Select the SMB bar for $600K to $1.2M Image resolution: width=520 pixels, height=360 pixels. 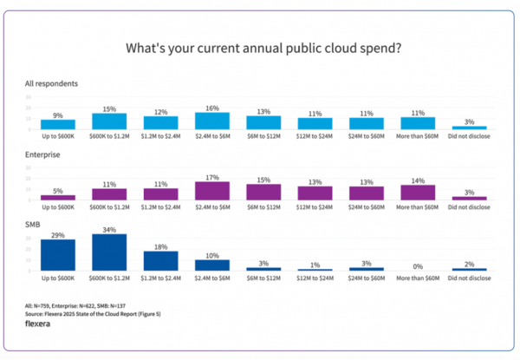tap(109, 252)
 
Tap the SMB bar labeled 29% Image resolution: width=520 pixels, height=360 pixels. tap(57, 255)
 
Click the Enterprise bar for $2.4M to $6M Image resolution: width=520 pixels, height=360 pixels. tap(211, 191)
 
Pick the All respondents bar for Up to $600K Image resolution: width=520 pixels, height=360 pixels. tap(57, 124)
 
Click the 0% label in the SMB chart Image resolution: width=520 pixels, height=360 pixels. tap(417, 266)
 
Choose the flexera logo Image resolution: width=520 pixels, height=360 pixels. tap(43, 323)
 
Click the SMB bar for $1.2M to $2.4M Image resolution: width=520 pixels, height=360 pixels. tap(160, 261)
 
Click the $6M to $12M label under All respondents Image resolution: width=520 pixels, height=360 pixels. tap(263, 135)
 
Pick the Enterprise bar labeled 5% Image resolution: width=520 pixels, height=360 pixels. tap(57, 198)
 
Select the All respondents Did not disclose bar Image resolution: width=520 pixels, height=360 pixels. tap(468, 128)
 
